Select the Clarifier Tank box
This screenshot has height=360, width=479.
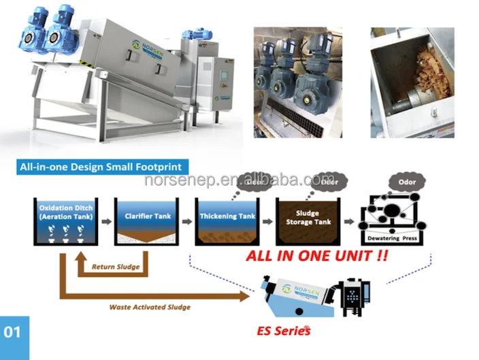(x=146, y=219)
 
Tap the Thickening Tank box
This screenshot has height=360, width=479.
(x=228, y=219)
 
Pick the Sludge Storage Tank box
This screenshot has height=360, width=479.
(x=308, y=219)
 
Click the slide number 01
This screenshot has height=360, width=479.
(x=13, y=332)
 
